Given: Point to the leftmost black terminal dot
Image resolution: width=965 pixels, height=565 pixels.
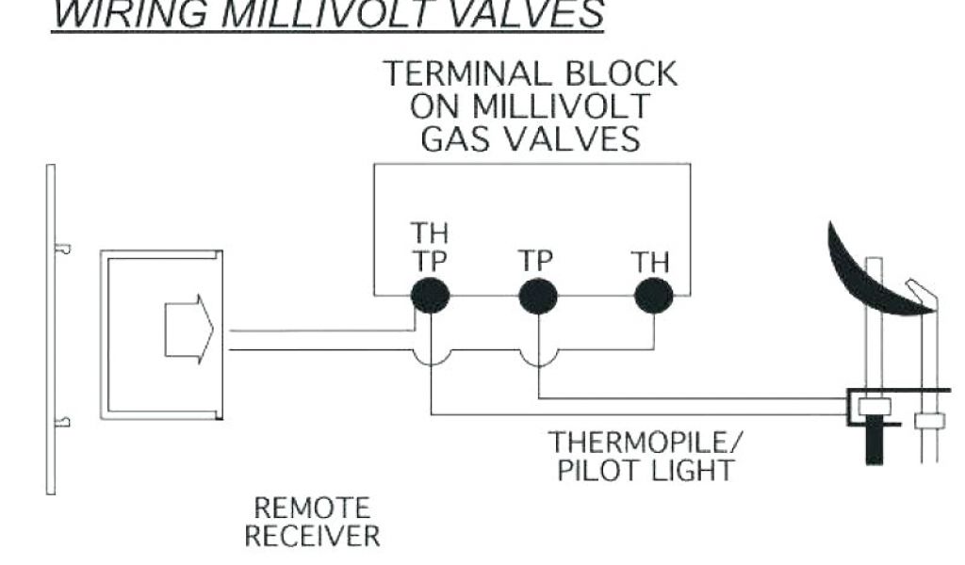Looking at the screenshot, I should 430,296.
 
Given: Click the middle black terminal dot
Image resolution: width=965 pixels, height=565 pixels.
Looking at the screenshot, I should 538,296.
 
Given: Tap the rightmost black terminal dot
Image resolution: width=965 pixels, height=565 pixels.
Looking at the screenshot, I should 653,296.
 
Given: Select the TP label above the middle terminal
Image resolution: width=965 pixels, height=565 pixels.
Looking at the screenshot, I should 535,261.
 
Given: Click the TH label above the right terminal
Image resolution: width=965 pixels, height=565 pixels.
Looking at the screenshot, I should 650,261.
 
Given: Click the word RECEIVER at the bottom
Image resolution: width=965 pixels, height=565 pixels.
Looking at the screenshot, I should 313,537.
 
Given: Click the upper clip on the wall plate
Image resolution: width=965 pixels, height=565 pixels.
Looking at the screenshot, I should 62,249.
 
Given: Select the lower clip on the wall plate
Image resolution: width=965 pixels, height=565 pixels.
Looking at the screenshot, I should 62,422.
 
